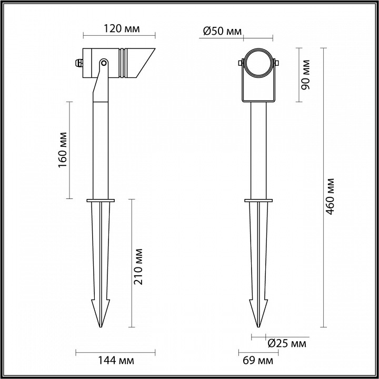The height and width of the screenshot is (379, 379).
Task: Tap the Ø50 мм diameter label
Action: click(x=222, y=32)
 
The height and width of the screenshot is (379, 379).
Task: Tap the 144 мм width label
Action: click(x=116, y=361)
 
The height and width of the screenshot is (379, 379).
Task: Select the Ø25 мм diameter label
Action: click(x=287, y=344)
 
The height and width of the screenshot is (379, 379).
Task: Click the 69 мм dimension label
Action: click(x=257, y=361)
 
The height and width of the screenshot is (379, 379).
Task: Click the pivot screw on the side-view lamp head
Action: click(x=104, y=64)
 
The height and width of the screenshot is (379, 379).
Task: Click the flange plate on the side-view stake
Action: click(x=100, y=200)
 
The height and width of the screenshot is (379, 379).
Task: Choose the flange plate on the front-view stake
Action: click(x=258, y=200)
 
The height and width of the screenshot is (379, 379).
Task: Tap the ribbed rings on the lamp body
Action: click(x=124, y=63)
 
